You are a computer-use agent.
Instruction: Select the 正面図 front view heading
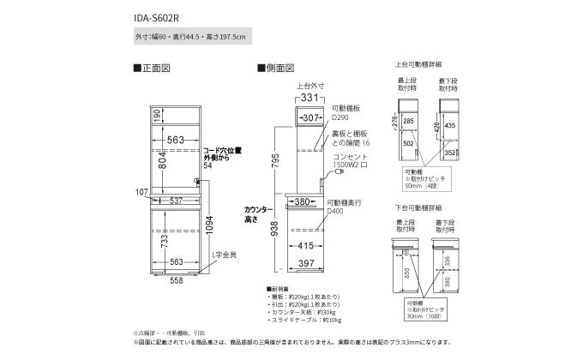(157, 67)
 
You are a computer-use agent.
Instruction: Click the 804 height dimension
(157, 160)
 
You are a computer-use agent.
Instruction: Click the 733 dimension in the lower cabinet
(157, 245)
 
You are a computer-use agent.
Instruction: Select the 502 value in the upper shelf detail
(409, 144)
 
